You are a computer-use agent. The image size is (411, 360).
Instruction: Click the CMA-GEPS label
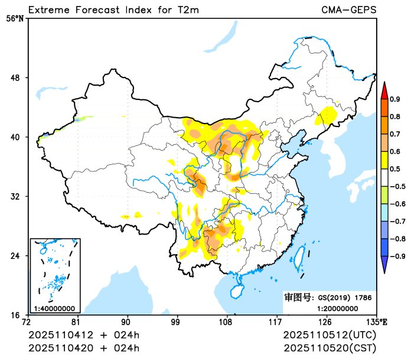coord(348,10)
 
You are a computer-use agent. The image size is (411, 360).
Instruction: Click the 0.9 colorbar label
coord(394,99)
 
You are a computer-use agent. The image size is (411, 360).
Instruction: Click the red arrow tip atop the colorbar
coord(384,90)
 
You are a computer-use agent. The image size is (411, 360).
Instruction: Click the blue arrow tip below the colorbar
coord(384,267)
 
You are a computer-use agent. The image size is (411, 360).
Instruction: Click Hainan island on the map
coord(236,291)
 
